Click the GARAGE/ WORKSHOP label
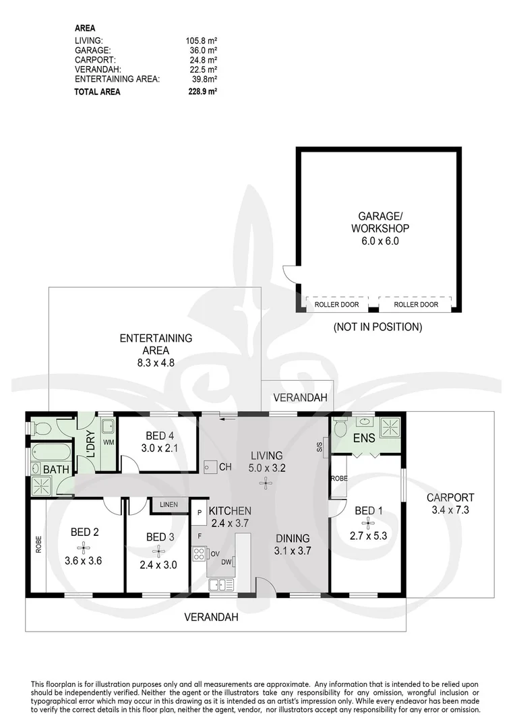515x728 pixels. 380,222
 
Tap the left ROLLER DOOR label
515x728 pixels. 335,305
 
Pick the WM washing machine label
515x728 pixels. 108,442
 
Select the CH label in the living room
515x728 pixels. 225,466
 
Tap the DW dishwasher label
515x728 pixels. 226,562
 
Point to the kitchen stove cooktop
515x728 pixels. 200,555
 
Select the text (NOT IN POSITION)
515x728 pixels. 377,328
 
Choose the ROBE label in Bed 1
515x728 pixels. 338,478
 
